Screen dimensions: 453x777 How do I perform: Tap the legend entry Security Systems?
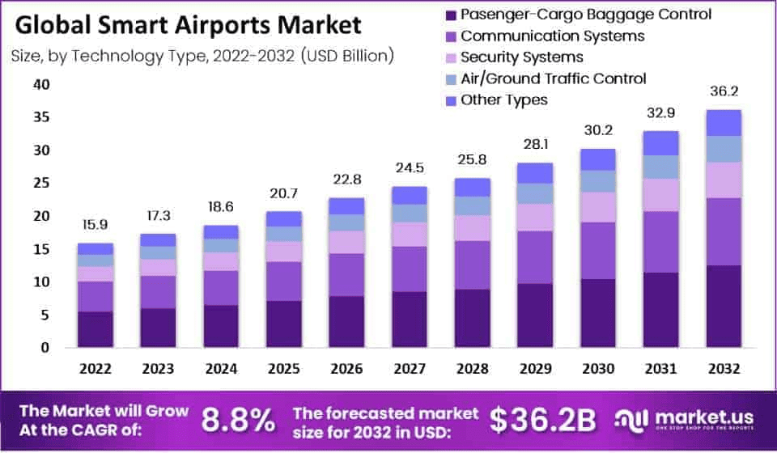521,57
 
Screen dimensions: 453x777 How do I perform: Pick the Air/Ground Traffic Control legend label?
553,78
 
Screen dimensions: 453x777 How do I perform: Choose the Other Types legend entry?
503,100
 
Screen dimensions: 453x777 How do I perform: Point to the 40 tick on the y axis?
42,84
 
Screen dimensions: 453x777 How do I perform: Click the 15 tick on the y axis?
42,249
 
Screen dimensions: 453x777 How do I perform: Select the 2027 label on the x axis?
410,370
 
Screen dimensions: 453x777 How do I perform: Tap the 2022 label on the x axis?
96,370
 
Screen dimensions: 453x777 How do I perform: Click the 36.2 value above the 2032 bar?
724,92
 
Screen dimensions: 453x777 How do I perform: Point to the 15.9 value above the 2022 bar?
96,224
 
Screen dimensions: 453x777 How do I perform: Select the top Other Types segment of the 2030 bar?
597,159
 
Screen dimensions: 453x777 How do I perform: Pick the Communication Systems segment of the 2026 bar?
346,275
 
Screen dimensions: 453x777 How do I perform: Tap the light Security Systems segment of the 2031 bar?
660,195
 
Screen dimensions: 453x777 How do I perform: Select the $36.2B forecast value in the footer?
542,419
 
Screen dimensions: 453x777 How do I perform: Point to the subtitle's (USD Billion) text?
348,56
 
